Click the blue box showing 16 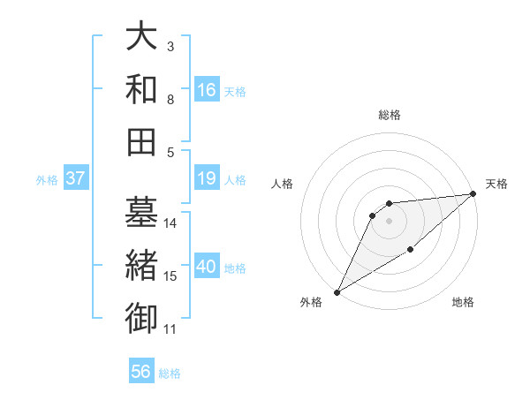207,90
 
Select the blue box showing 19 207,179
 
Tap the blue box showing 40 207,268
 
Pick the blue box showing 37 75,179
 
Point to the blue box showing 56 141,373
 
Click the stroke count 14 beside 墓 170,223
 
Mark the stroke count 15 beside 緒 170,276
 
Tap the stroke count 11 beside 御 170,329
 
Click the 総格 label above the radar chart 389,115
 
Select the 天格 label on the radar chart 496,184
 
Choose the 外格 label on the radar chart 311,303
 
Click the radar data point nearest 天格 473,194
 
